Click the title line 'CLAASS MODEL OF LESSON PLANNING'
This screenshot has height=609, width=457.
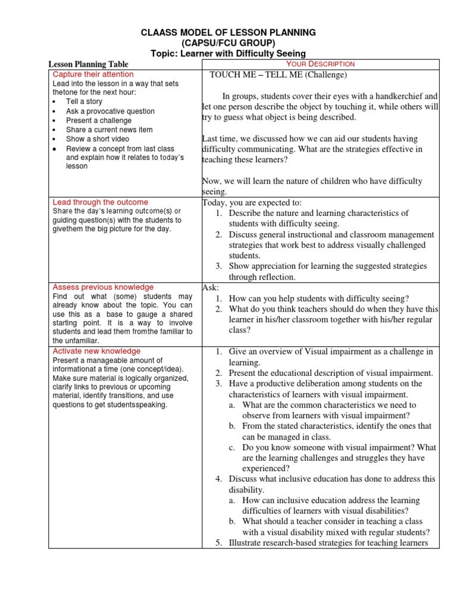(228, 33)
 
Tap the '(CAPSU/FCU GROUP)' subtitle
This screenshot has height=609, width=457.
(228, 43)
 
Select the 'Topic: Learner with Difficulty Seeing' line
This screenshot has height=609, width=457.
(228, 54)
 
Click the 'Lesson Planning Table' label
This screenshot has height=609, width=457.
(88, 64)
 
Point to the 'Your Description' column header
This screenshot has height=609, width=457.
(320, 64)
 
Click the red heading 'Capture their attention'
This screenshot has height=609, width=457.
(93, 74)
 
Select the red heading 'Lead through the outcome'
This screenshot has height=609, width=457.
(101, 202)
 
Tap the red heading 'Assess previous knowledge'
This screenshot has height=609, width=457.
(103, 287)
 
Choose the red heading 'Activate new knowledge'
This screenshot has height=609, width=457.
(96, 351)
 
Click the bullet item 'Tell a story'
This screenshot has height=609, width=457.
(84, 102)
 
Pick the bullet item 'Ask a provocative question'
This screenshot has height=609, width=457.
(110, 111)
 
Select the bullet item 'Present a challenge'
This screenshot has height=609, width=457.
(99, 120)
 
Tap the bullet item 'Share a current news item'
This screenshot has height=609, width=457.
(109, 130)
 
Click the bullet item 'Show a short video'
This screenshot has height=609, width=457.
(97, 139)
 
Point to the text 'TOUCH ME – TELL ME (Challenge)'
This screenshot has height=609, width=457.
(278, 75)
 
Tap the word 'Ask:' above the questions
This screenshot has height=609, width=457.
(211, 288)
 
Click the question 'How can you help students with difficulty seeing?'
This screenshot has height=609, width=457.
(319, 299)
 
